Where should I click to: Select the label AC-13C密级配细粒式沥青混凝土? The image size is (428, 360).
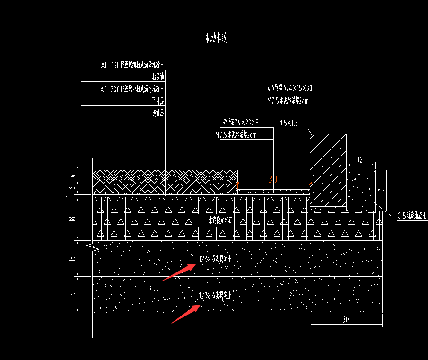click(x=132, y=65)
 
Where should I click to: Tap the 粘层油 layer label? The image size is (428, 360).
click(x=158, y=77)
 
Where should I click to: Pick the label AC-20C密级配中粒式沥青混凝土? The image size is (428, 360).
click(x=132, y=89)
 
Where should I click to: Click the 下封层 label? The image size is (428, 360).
click(x=158, y=101)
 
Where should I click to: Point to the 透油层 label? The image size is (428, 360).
click(x=158, y=113)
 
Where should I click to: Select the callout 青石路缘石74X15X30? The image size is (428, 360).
click(x=289, y=88)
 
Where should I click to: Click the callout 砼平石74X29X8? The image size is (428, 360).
click(x=241, y=123)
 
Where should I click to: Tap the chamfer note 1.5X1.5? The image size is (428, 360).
click(x=289, y=123)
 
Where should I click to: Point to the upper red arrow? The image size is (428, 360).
click(x=179, y=272)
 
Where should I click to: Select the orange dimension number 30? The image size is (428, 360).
click(x=273, y=179)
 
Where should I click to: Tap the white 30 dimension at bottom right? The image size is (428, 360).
click(x=345, y=319)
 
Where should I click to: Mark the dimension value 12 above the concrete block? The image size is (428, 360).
click(x=360, y=160)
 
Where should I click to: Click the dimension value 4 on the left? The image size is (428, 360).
click(x=72, y=176)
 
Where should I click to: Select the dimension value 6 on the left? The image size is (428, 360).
click(x=72, y=187)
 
